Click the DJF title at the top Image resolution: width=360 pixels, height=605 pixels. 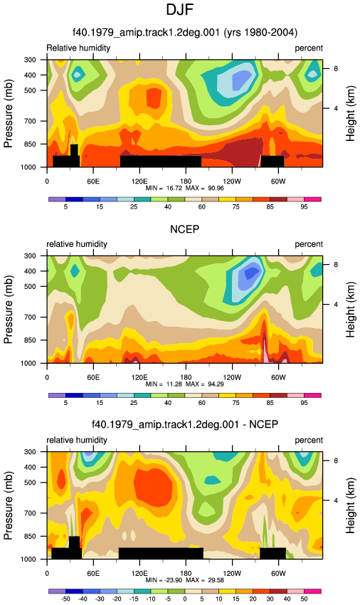coord(179,10)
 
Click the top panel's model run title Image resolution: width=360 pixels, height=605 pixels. coord(185,32)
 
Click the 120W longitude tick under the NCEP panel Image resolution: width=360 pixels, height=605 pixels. coord(231,377)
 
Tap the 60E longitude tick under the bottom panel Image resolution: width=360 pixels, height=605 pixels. coord(93,574)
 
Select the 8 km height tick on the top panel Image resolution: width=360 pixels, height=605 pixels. coord(336,68)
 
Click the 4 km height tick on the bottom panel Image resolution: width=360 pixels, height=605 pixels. coord(336,500)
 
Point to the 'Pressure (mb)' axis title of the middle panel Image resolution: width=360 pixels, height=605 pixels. coord(9,310)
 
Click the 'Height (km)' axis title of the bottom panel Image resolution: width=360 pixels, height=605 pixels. coord(350,505)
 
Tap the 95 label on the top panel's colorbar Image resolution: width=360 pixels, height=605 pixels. coord(304,207)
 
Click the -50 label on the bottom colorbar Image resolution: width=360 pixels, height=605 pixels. coord(65,599)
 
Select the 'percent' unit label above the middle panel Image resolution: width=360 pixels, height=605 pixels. coord(309,244)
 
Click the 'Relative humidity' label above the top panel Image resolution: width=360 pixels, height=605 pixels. coord(78,48)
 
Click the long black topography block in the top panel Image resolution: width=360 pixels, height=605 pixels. coord(161,162)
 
